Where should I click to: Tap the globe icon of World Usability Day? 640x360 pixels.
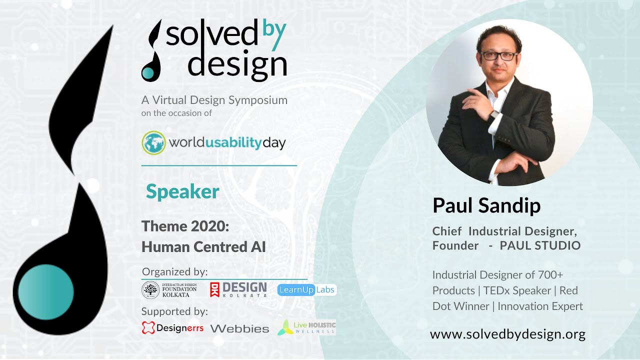pos(153,143)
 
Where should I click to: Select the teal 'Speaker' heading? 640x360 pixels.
pos(182,192)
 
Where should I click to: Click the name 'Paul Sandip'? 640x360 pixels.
pos(486,205)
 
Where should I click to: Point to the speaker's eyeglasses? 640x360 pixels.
pos(499,55)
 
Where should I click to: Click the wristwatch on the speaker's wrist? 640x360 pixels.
pos(493,115)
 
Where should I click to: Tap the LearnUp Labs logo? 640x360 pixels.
pos(307,289)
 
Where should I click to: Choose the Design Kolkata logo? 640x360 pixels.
pos(238,289)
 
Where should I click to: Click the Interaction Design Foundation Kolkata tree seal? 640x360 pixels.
pos(150,290)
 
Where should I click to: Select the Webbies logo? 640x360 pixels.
pos(239,329)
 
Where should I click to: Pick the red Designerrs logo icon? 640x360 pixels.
pos(148,327)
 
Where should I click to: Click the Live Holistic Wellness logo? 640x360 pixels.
pos(306,327)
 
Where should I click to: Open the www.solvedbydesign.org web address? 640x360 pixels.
pos(507,334)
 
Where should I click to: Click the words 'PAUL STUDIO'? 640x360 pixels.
pos(540,245)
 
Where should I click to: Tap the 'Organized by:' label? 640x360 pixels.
pos(174,271)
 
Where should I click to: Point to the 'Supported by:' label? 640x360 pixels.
pos(174,311)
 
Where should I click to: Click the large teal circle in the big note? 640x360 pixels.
pos(46,292)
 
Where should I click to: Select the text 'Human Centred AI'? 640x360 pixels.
pos(203,247)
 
